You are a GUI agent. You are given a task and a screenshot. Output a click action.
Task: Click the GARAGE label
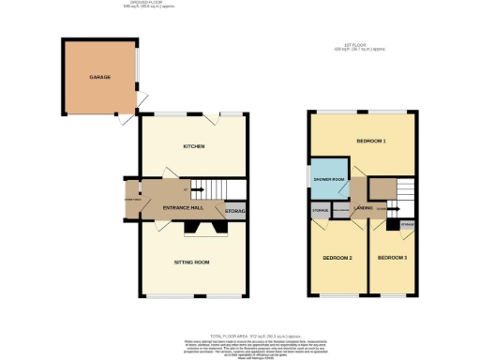[99, 76]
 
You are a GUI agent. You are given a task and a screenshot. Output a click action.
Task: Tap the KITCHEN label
[194, 147]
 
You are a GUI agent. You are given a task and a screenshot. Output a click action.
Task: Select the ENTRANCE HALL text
[184, 207]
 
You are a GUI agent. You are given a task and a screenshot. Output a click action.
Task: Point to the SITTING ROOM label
[193, 262]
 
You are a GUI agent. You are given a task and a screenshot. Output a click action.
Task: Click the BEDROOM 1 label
[371, 142]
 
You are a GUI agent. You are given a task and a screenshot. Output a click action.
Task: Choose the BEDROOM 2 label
[337, 257]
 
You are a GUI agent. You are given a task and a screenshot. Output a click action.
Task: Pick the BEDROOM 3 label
[393, 257]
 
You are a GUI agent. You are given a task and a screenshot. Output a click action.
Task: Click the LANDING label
[366, 209]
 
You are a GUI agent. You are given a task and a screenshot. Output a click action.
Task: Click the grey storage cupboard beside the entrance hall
[236, 212]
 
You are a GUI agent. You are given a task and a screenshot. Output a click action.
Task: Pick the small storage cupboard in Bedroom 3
[407, 225]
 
